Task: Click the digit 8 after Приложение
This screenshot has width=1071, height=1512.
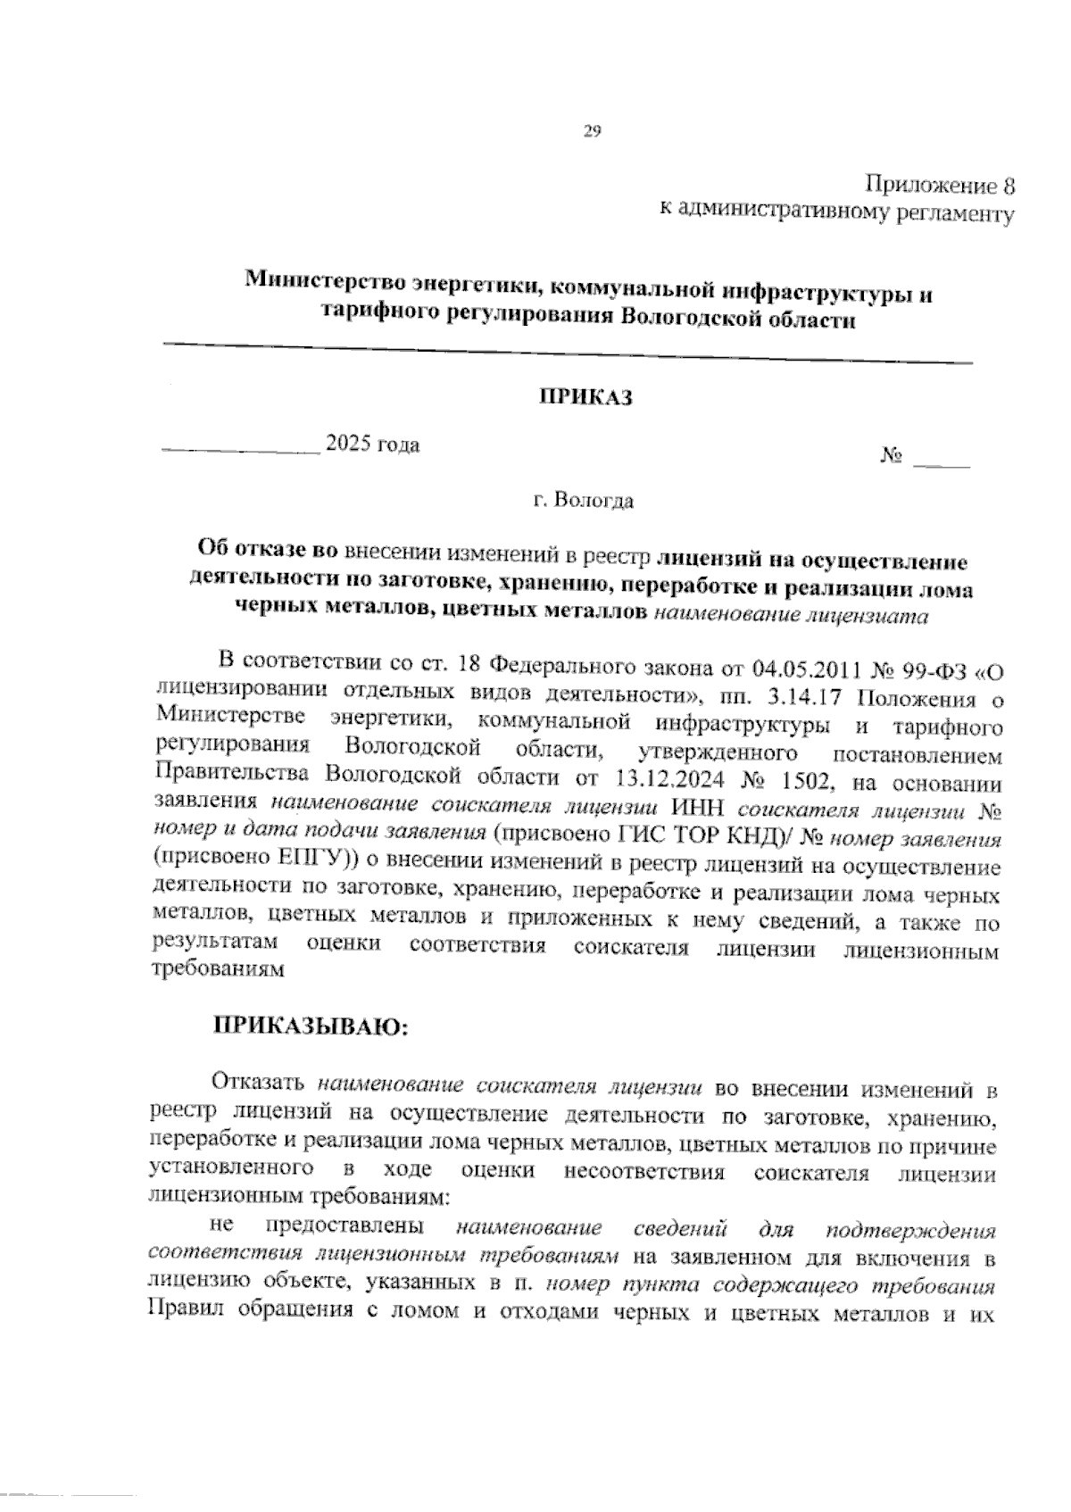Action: click(1009, 187)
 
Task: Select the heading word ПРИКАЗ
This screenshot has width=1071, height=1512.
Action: click(585, 397)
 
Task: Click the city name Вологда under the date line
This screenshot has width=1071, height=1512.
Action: click(594, 501)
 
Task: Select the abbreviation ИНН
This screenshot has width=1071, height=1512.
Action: click(692, 809)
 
